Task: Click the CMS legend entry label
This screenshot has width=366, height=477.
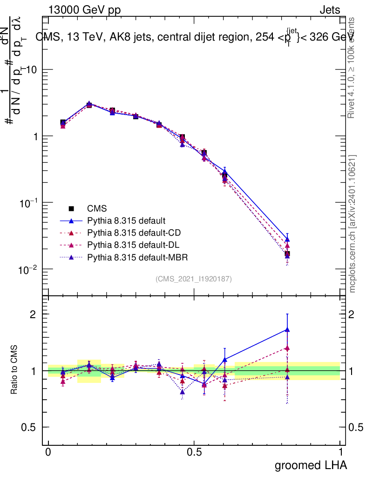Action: click(x=97, y=209)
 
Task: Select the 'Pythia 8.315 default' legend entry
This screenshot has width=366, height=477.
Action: click(x=126, y=221)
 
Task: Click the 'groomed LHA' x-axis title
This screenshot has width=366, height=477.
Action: click(x=311, y=465)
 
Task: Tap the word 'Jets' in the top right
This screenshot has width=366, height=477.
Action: click(x=329, y=10)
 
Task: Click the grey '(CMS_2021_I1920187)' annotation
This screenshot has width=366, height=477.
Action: click(x=194, y=279)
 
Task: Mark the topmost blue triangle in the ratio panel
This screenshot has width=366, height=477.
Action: click(x=287, y=330)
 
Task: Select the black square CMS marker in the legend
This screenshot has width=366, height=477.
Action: click(x=71, y=209)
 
